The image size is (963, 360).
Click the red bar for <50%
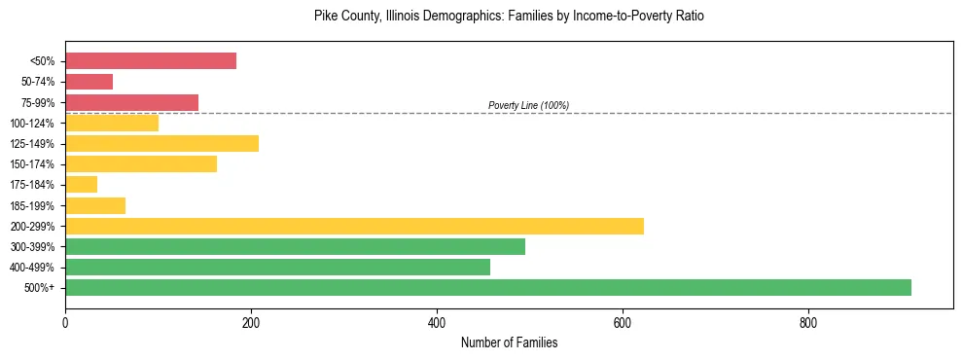point(151,61)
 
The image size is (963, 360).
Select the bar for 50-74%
point(89,82)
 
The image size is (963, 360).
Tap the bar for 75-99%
point(131,102)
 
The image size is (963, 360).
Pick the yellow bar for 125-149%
point(161,144)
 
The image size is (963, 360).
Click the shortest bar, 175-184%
point(81,185)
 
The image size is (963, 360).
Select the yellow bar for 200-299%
point(354,226)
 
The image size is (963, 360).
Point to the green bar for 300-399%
point(295,246)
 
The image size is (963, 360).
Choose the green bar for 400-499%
point(277,267)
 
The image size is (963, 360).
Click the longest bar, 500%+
point(488,287)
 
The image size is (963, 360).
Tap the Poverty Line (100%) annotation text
point(528,105)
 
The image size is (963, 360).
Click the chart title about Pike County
point(509,17)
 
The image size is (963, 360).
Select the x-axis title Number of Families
point(509,343)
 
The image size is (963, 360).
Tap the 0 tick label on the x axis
point(65,323)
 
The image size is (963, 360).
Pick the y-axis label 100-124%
point(33,124)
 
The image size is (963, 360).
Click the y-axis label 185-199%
point(33,205)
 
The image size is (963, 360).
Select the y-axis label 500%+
point(39,288)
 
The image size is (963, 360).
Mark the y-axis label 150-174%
point(33,164)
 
